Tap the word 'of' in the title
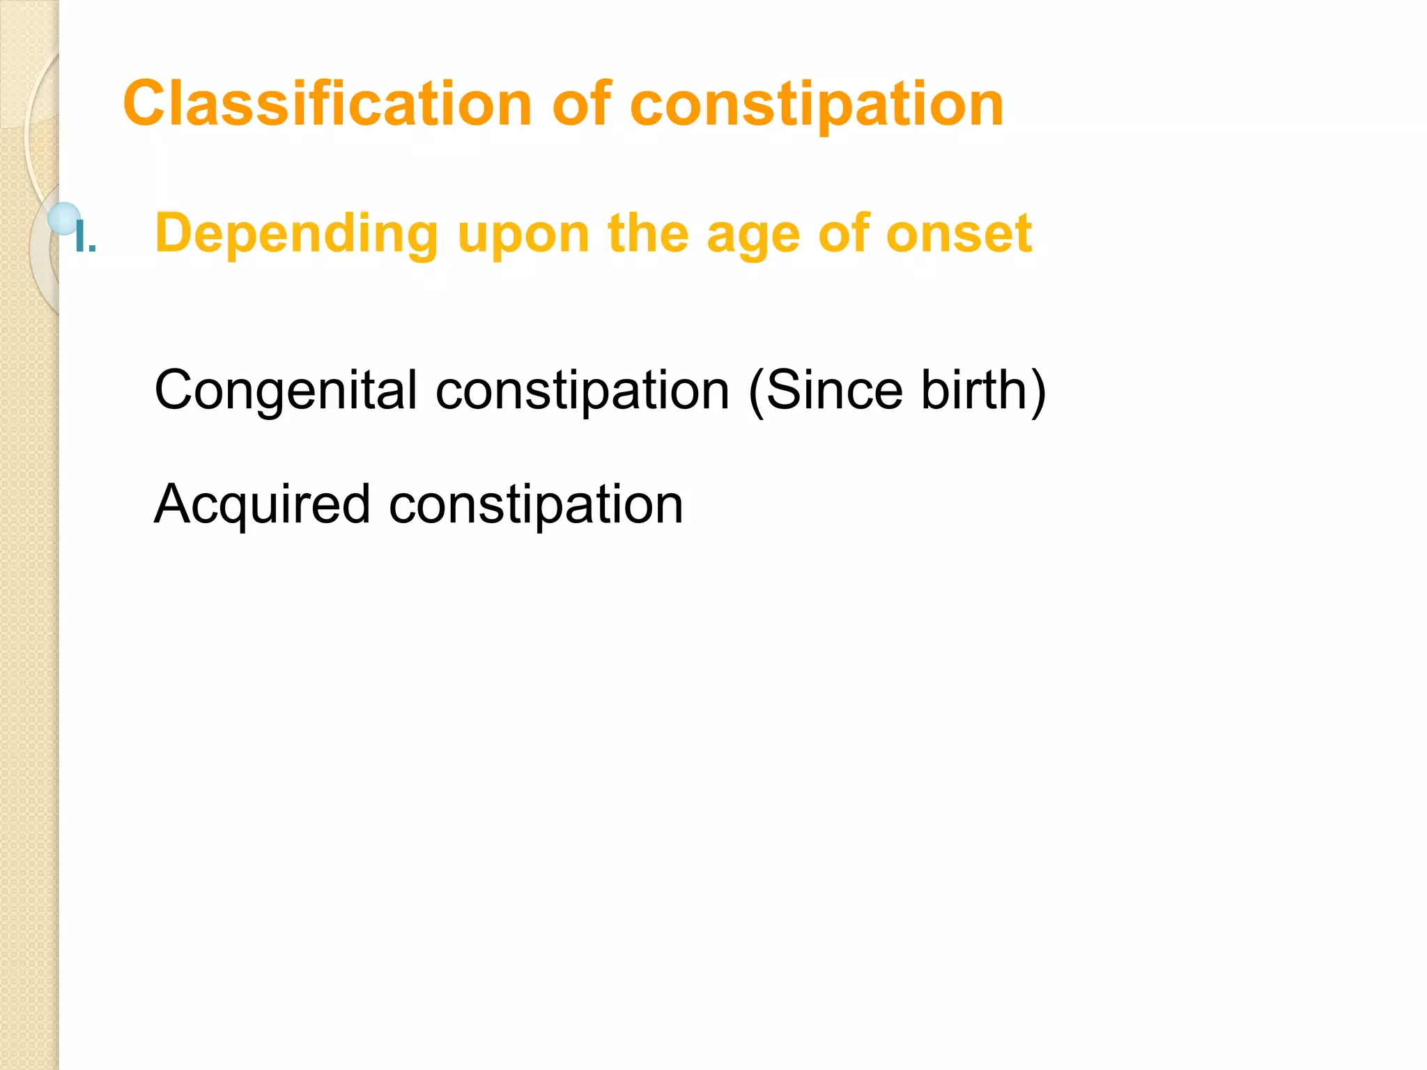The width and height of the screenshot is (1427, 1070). click(x=582, y=104)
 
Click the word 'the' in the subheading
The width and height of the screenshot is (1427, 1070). click(x=647, y=233)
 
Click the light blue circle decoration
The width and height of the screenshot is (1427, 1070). click(x=64, y=218)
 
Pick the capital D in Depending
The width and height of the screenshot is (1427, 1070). click(x=172, y=233)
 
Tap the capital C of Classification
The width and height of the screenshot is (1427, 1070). click(x=148, y=104)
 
